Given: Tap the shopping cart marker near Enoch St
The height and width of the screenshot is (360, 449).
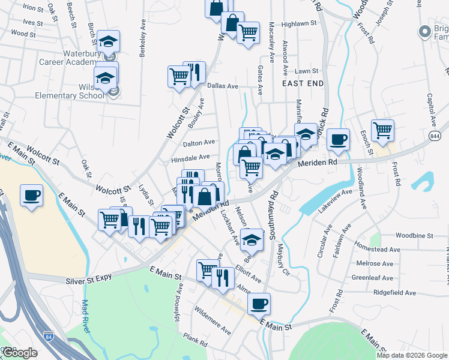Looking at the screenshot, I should (x=382, y=130).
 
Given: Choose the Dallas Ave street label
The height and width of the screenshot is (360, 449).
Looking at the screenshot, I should (x=223, y=86).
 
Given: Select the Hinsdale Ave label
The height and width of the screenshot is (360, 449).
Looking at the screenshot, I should (x=190, y=157).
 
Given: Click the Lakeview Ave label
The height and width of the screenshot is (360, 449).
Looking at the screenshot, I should (x=334, y=204).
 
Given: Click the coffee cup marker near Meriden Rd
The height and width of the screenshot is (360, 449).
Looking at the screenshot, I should (x=339, y=139).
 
